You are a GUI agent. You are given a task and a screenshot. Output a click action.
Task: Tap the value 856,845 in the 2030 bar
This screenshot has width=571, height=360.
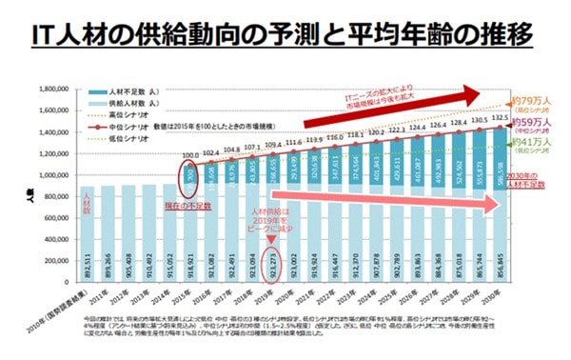coord(499,260)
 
